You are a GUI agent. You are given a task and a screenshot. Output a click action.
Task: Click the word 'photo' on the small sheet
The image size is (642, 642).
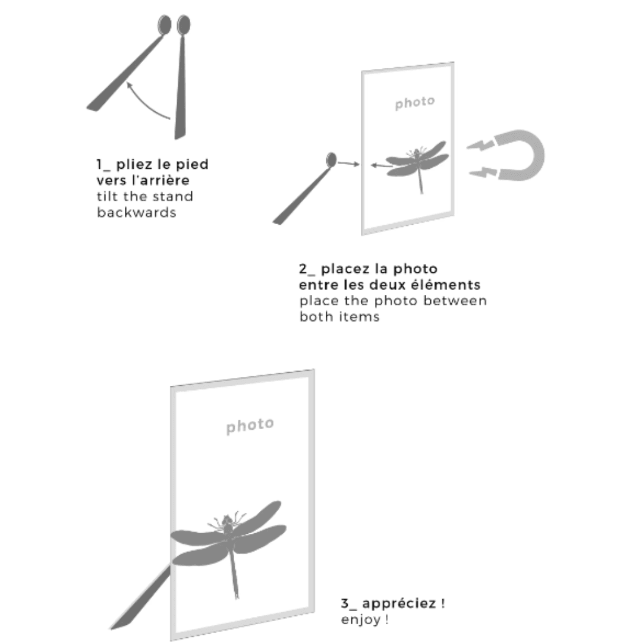coord(414,102)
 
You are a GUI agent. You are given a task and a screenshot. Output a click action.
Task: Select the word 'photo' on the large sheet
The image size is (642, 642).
coord(250,426)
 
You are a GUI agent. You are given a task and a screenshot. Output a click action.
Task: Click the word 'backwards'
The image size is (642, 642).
coord(136,212)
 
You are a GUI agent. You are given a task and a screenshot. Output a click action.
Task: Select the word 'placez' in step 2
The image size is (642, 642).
coord(345,269)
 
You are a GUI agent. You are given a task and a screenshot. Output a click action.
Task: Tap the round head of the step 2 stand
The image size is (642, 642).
coord(331,160)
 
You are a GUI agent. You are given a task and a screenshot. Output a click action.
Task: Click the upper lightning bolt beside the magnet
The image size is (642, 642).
coord(481,145)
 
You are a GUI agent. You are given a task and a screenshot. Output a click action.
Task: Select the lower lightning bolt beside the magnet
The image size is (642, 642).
coord(483,172)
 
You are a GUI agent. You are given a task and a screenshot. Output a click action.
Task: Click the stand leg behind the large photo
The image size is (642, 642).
coord(141,598)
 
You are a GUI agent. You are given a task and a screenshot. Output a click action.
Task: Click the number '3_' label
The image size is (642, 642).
coord(349,603)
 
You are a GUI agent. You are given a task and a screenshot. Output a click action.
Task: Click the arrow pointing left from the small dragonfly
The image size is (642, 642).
coord(381,166)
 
